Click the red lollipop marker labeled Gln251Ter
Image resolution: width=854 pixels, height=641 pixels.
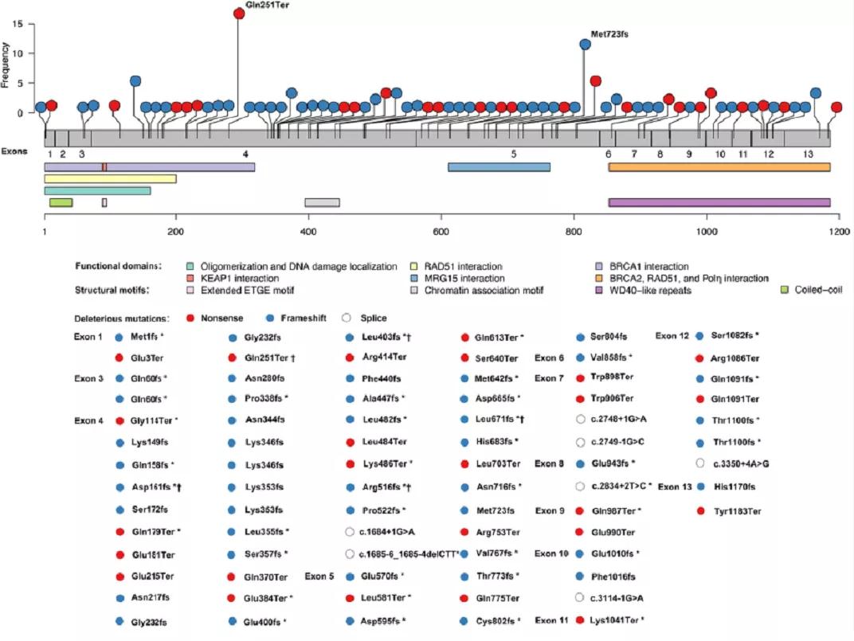(239, 14)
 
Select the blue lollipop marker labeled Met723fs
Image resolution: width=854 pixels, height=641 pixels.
(586, 45)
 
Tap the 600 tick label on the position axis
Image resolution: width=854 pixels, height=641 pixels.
(441, 230)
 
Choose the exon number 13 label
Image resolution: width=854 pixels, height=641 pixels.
(808, 154)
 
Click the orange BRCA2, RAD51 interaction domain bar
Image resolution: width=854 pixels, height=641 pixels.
(719, 167)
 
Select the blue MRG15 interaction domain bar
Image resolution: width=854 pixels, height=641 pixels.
(499, 167)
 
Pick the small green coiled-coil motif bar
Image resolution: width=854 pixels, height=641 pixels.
(61, 203)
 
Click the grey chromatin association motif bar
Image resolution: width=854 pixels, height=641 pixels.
(322, 203)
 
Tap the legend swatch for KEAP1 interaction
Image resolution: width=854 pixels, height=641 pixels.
(190, 279)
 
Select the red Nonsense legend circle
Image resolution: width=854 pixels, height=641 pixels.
(190, 318)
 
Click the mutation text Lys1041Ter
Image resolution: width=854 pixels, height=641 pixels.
(617, 620)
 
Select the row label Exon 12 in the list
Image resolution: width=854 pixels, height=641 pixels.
(672, 336)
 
